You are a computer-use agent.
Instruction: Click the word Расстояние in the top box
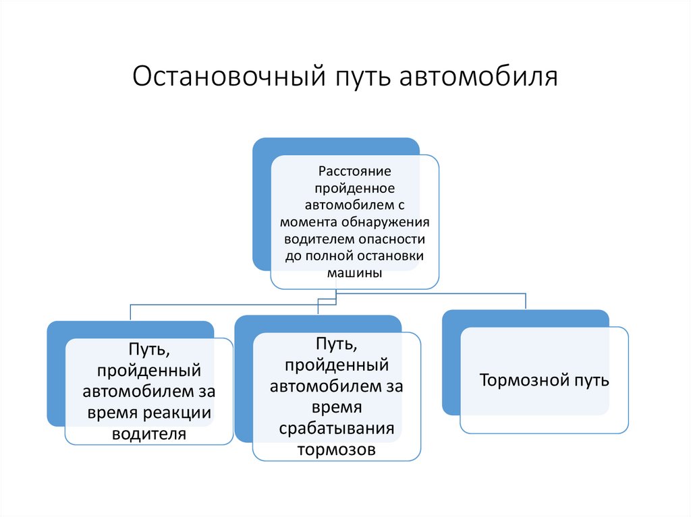pyautogui.click(x=355, y=172)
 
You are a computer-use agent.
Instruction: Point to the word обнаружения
pyautogui.click(x=390, y=222)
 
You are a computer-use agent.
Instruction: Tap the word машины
pyautogui.click(x=355, y=273)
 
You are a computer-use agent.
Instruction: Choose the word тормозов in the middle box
pyautogui.click(x=336, y=450)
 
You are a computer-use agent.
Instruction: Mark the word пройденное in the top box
pyautogui.click(x=354, y=189)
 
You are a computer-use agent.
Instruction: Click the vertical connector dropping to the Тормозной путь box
pyautogui.click(x=526, y=301)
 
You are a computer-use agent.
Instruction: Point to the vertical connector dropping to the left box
pyautogui.click(x=130, y=312)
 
